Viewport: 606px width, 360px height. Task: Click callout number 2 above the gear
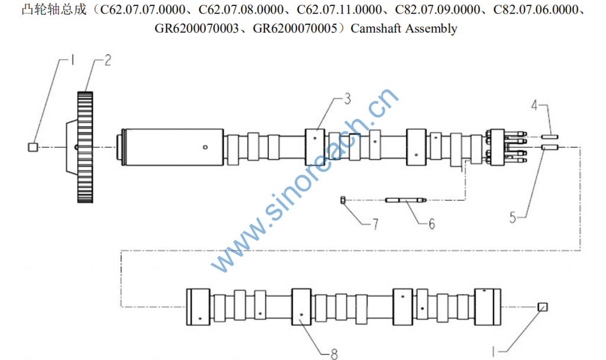108,60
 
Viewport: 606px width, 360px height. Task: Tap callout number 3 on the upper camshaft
347,99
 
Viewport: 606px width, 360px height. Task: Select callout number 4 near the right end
534,105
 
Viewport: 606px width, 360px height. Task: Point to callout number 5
513,218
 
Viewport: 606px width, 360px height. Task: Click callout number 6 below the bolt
431,224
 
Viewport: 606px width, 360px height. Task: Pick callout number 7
375,224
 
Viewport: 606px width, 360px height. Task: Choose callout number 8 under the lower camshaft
334,354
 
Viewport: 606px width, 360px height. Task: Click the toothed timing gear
85,147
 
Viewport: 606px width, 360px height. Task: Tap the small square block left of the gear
33,147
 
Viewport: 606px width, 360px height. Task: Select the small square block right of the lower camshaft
543,307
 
